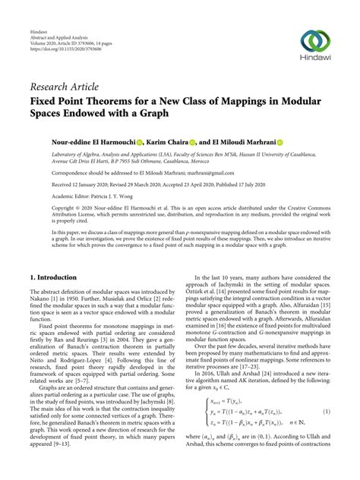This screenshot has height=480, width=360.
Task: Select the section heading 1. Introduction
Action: (55, 279)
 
